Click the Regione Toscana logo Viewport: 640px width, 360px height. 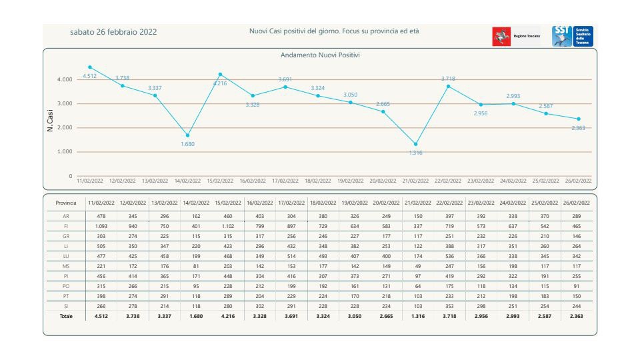pos(516,36)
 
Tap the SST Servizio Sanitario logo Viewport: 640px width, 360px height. pos(573,36)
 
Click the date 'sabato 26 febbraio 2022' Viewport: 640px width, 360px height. pos(113,32)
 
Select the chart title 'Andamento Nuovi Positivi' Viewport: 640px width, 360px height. pos(319,55)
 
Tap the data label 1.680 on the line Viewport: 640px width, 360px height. pos(188,144)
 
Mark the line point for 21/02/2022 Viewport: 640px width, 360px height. pos(416,144)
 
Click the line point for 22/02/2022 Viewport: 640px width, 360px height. pos(448,86)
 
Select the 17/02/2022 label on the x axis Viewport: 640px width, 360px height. pos(285,181)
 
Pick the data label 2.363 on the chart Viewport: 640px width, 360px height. pos(577,127)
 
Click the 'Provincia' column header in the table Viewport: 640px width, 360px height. pos(66,203)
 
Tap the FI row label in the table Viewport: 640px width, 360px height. pos(66,227)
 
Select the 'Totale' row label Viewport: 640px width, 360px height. pos(66,316)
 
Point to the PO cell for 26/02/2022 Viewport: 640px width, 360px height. pos(576,286)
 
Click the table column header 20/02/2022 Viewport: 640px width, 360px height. pos(386,203)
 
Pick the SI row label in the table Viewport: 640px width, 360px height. pos(66,306)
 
